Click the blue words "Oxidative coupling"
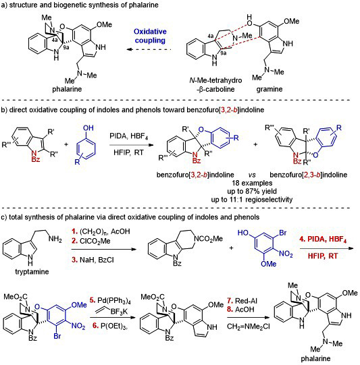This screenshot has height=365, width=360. point(150,36)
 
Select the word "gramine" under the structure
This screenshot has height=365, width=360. point(269,89)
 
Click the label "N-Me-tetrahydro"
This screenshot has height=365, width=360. point(215,80)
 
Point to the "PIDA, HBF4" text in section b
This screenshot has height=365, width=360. point(128,136)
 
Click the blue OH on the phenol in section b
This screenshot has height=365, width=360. point(88,128)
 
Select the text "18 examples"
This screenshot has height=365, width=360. point(252,183)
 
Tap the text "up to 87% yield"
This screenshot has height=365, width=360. point(252,192)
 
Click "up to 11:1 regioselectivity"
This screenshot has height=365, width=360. point(252,200)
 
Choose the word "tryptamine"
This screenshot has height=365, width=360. point(32,272)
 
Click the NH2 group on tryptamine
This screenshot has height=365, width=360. point(55,239)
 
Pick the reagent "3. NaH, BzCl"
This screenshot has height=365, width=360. point(93,260)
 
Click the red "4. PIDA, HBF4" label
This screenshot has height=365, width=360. point(323,240)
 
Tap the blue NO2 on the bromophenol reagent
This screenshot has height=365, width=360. point(286,254)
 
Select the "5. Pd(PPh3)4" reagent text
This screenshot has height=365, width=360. point(110,300)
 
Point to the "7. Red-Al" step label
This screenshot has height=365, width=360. point(242,301)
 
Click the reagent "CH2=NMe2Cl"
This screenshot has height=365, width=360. point(249,327)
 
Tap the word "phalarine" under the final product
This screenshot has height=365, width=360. point(315,358)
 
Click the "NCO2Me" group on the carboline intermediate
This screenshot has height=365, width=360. point(208,239)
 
